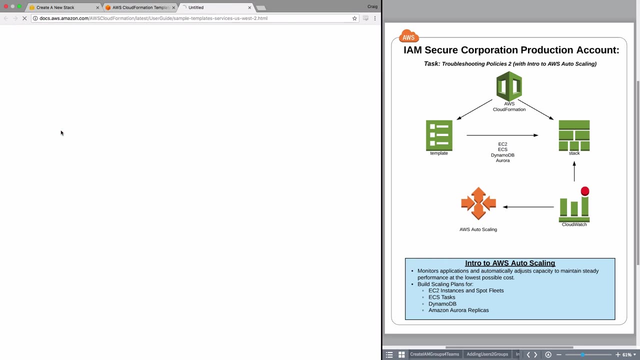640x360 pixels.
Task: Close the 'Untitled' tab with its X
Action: pyautogui.click(x=249, y=7)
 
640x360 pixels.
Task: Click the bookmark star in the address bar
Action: pyautogui.click(x=354, y=18)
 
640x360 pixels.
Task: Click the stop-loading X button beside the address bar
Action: pyautogui.click(x=24, y=18)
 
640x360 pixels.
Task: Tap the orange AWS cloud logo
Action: pyautogui.click(x=409, y=36)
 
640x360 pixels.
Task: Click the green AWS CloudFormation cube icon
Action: pyautogui.click(x=509, y=86)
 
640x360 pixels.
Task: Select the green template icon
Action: pyautogui.click(x=439, y=135)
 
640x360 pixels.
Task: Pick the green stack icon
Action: pyautogui.click(x=574, y=135)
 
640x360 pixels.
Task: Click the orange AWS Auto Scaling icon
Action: pyautogui.click(x=478, y=203)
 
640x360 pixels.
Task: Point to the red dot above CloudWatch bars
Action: pyautogui.click(x=585, y=191)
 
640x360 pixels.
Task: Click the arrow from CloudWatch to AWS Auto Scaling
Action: pyautogui.click(x=528, y=207)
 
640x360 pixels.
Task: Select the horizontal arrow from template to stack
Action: pyautogui.click(x=502, y=135)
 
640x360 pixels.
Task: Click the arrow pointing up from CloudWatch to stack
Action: pyautogui.click(x=574, y=171)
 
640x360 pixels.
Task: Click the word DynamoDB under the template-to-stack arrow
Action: pyautogui.click(x=502, y=155)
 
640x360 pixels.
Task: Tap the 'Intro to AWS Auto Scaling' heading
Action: pyautogui.click(x=510, y=263)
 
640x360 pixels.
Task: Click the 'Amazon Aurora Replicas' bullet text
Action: pyautogui.click(x=458, y=310)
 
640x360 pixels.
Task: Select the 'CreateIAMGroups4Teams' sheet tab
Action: pyautogui.click(x=434, y=354)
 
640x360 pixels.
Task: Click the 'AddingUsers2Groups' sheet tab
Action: pyautogui.click(x=487, y=354)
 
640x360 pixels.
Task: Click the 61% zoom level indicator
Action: pyautogui.click(x=627, y=354)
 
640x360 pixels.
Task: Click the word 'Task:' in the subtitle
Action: pyautogui.click(x=432, y=63)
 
